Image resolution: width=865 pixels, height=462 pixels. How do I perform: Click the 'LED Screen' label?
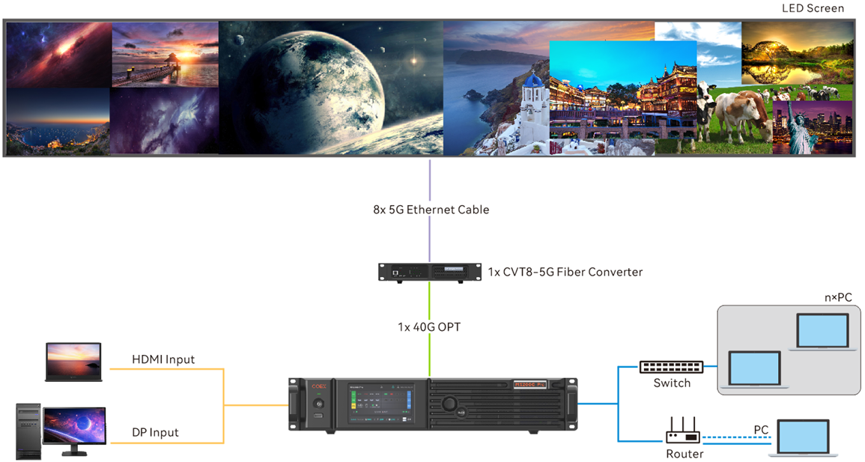[x=813, y=8]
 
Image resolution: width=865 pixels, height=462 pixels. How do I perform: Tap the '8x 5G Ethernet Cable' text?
[x=431, y=210]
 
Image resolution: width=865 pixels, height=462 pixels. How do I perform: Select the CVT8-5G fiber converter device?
[x=429, y=272]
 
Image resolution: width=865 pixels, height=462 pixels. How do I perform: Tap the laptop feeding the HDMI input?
[x=73, y=362]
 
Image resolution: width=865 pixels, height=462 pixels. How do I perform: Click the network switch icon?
[x=671, y=367]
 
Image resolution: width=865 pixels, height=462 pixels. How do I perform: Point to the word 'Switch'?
[x=672, y=383]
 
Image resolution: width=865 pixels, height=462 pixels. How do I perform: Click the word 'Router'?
[x=685, y=454]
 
